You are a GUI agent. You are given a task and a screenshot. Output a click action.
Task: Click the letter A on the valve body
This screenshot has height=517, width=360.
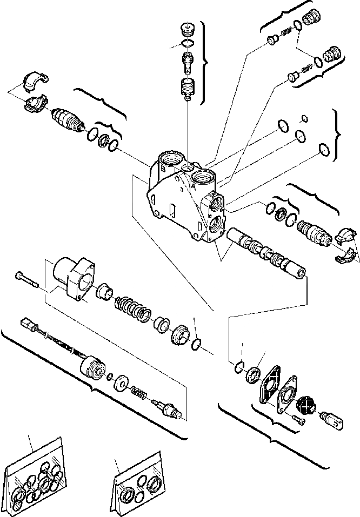pos(193,184)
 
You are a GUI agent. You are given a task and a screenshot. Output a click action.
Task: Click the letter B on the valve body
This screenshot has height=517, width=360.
pos(163,169)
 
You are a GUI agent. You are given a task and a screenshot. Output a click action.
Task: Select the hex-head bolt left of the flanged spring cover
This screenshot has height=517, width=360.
pos(26,279)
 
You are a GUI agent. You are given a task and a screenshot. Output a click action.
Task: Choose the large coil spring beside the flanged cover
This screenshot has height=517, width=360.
pos(132,310)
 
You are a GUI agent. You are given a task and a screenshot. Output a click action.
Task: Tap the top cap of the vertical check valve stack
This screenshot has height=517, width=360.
pos(188,29)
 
